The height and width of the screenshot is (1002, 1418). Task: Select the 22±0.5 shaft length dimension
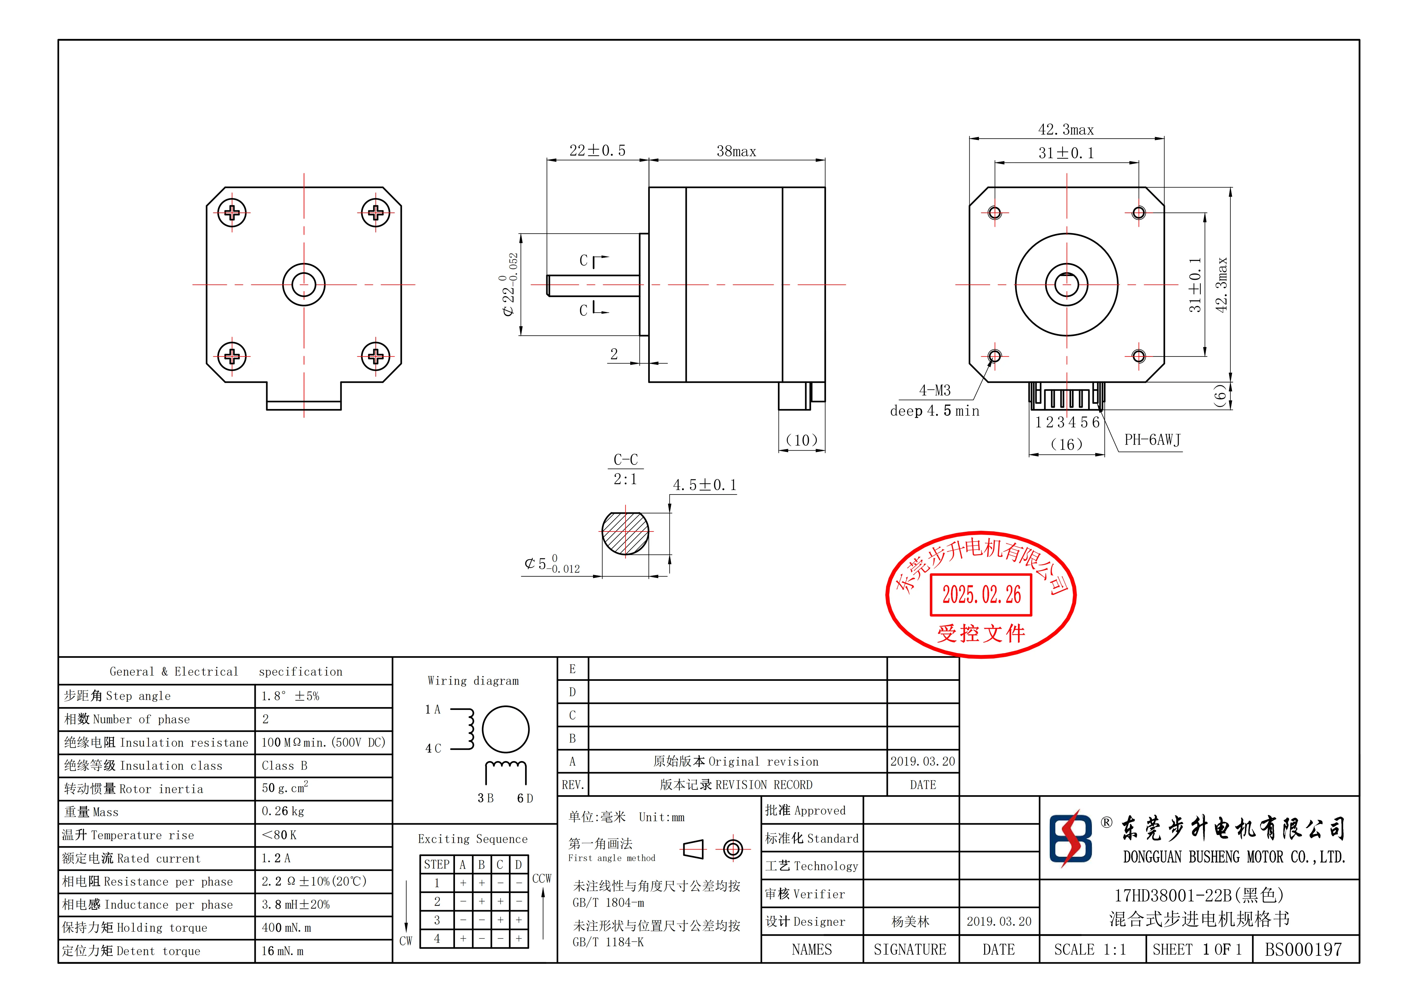point(597,151)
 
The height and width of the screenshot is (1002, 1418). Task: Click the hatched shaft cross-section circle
point(625,533)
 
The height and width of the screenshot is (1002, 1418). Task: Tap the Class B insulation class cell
point(284,765)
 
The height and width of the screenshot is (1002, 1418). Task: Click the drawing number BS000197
point(1303,950)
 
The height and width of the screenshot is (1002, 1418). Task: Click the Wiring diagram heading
point(473,681)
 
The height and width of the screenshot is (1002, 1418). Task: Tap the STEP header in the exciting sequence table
point(437,864)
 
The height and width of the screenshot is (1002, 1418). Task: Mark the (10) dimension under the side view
point(802,441)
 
